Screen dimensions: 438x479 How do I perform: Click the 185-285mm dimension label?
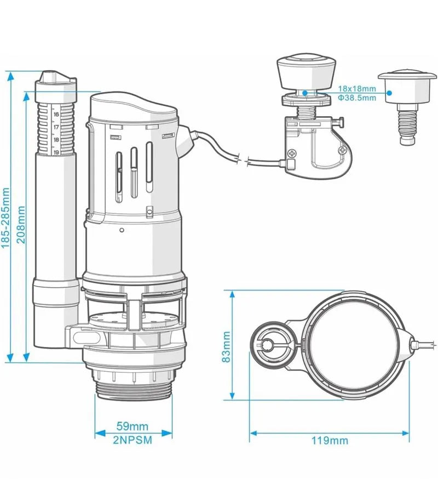(x=5, y=218)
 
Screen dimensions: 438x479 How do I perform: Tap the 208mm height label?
(x=21, y=224)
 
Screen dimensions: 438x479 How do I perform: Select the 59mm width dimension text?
(x=132, y=426)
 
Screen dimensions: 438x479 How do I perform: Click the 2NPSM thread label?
(x=132, y=440)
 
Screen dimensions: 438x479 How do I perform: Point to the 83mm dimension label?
(x=226, y=347)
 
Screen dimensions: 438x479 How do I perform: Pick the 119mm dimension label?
(x=330, y=441)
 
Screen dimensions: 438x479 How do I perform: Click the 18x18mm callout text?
(x=357, y=89)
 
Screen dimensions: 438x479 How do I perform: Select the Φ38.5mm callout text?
(x=357, y=98)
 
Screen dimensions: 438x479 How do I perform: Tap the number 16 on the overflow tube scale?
(x=56, y=114)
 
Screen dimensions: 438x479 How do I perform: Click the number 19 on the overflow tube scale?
(x=56, y=152)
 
